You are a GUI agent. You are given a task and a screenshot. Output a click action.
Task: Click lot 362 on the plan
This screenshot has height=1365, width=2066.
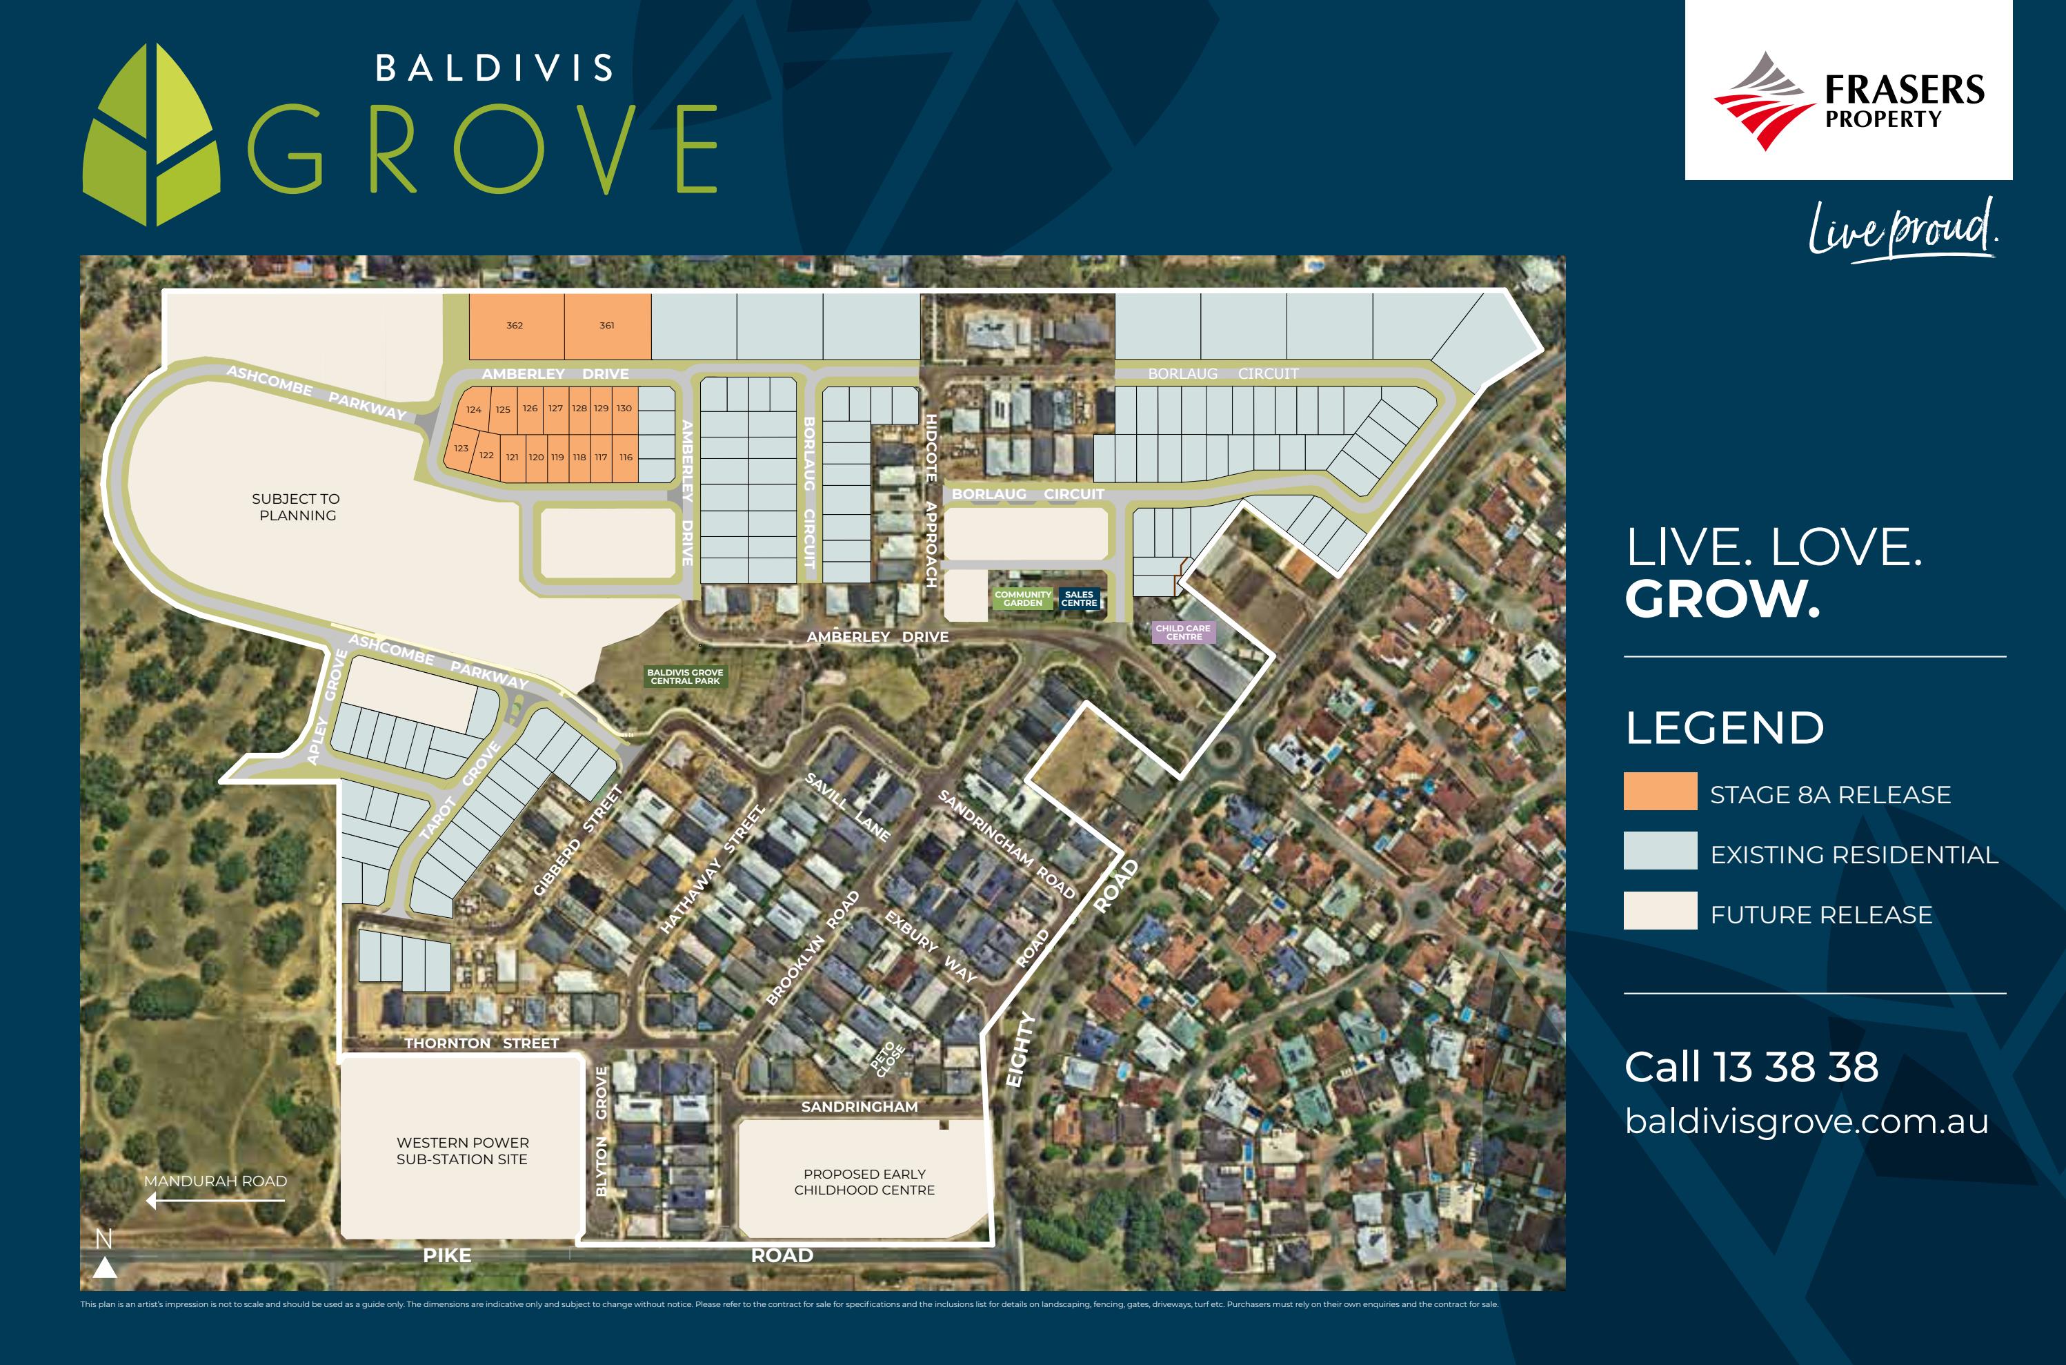click(x=515, y=326)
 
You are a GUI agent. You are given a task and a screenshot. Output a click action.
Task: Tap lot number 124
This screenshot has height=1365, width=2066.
click(x=473, y=409)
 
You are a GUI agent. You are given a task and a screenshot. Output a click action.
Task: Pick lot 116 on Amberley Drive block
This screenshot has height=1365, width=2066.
click(x=626, y=457)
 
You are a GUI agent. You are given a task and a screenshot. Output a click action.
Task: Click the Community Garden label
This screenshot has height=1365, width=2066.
click(x=1022, y=599)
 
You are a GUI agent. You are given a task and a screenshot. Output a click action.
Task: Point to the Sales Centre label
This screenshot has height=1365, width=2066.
click(x=1079, y=599)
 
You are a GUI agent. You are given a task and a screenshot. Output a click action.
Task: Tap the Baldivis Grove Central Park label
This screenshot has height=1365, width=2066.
click(x=685, y=676)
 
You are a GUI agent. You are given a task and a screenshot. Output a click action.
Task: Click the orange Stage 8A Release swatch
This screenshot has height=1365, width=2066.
click(x=1660, y=792)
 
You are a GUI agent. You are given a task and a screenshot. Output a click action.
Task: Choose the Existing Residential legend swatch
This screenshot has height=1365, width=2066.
click(x=1660, y=850)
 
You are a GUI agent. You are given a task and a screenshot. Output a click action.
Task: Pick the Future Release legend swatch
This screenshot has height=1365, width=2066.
click(x=1660, y=911)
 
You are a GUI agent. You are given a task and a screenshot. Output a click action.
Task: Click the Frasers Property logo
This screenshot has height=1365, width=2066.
click(x=1849, y=96)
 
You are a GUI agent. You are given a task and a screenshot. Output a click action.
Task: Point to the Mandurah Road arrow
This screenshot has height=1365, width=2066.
click(x=215, y=1201)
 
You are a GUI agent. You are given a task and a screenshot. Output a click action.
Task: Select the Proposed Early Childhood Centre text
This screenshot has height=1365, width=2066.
click(x=864, y=1181)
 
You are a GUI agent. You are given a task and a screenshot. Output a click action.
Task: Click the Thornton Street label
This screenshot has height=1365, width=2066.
click(x=481, y=1043)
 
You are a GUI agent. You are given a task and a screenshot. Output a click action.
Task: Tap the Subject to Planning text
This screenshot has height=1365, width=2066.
click(x=296, y=507)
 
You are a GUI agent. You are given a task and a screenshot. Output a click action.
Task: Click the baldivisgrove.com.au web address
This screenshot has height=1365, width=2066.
click(x=1807, y=1121)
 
